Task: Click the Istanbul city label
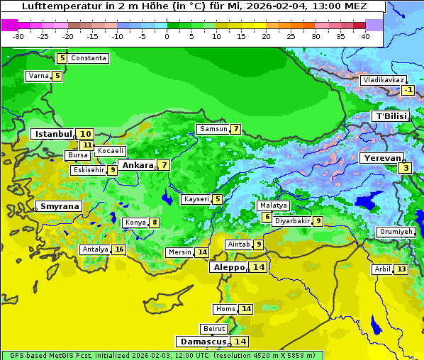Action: click(x=54, y=133)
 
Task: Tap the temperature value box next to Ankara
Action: click(x=164, y=165)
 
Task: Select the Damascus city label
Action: click(x=202, y=342)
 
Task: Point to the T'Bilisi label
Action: click(x=391, y=116)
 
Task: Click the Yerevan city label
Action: click(x=381, y=159)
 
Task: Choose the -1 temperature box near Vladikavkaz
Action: click(x=408, y=90)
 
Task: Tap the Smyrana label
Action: click(x=60, y=207)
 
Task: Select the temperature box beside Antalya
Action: click(x=119, y=249)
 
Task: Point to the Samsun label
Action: click(x=213, y=129)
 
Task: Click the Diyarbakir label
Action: click(x=292, y=221)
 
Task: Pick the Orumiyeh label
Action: click(x=395, y=232)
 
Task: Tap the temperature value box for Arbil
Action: click(x=401, y=269)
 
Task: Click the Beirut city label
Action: click(x=213, y=329)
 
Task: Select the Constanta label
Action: click(x=89, y=58)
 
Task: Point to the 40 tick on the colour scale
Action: click(x=365, y=36)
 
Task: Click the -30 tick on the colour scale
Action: click(x=18, y=36)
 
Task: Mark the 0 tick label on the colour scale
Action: click(x=167, y=36)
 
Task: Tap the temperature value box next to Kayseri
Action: click(x=217, y=200)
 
